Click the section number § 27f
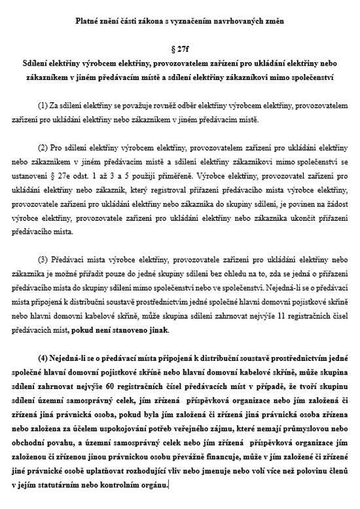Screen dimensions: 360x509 pos(181,50)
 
